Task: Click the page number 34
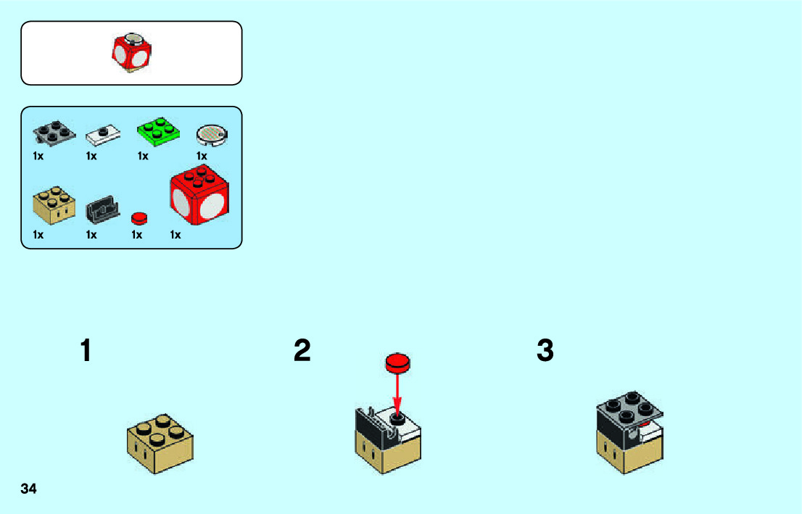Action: click(29, 489)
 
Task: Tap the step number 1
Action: click(86, 352)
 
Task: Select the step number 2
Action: click(302, 352)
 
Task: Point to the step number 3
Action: click(545, 352)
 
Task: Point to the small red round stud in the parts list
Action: click(139, 217)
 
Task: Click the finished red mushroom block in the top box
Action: click(131, 52)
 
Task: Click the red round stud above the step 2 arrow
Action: click(397, 362)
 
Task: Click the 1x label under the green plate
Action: click(143, 156)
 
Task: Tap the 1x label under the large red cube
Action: click(175, 235)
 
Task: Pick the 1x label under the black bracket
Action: click(91, 235)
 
